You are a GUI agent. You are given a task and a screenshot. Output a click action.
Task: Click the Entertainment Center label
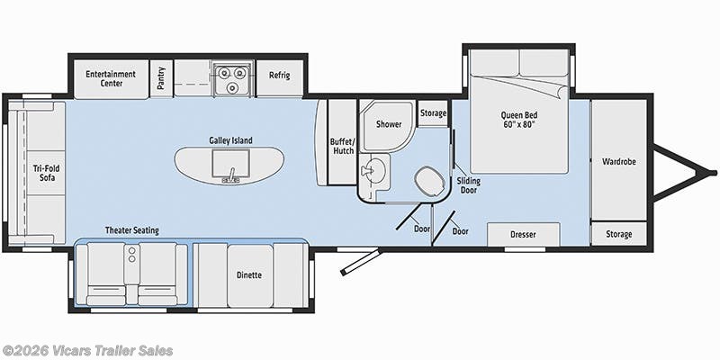[x=111, y=78]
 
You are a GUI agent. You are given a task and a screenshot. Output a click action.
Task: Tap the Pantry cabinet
[x=161, y=78]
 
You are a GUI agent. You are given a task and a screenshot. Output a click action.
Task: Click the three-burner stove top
[x=233, y=78]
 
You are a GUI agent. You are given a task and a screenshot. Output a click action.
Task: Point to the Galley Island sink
[x=231, y=164]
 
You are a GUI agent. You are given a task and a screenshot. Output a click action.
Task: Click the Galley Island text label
[x=230, y=140]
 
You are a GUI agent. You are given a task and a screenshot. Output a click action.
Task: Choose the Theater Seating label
[x=131, y=230]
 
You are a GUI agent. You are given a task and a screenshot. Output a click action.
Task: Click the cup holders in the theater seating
[x=132, y=255]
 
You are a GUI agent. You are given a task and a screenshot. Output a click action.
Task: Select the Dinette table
[x=250, y=275]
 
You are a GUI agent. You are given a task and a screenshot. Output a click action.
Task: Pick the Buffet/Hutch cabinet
[x=342, y=142]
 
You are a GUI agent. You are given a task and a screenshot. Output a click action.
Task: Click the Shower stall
[x=388, y=126]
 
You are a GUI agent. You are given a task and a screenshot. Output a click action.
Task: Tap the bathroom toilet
[x=429, y=182]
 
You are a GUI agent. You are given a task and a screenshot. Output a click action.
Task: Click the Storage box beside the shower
[x=433, y=113]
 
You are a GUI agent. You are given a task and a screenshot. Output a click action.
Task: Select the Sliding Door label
[x=468, y=184]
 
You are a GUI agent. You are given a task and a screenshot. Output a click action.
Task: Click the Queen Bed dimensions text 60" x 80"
[x=519, y=124]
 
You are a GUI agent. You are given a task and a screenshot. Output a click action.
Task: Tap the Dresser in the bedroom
[x=524, y=234]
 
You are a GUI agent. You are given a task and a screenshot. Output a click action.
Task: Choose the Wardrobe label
[x=619, y=162]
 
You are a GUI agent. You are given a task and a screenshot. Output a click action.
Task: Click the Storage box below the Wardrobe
[x=618, y=234]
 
